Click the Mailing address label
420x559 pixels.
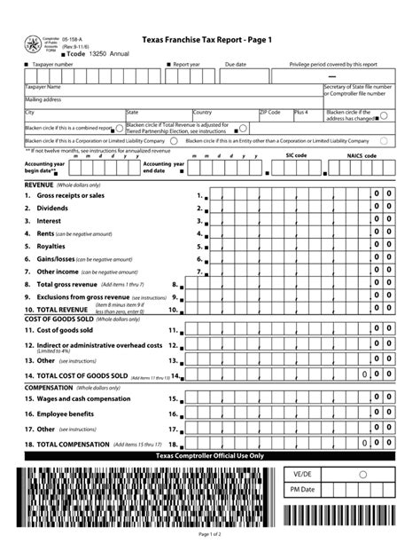(x=43, y=100)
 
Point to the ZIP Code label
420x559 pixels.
(x=270, y=113)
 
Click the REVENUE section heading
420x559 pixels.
(x=38, y=185)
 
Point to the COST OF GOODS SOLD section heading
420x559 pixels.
(x=61, y=318)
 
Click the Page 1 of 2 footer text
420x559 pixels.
(x=210, y=534)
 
